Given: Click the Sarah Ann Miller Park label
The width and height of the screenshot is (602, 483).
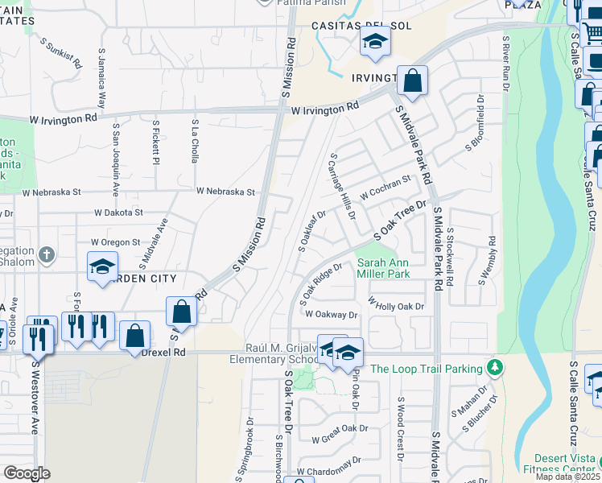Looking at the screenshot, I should pos(383,268).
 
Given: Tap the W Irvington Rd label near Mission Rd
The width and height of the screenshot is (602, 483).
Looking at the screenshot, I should pos(325,108).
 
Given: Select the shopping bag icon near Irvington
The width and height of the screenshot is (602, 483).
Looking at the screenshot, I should pos(412,80).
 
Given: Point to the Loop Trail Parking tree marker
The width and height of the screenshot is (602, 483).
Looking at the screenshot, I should pos(495,369).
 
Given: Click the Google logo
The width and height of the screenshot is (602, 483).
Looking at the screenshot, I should pos(27,473).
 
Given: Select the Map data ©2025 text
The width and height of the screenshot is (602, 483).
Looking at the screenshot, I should pos(567,477).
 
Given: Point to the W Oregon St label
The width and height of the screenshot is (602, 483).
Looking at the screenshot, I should pos(115,242).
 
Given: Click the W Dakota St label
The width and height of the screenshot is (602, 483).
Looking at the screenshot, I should pos(118,213).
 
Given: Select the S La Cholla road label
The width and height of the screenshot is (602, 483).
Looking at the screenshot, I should pos(195,140).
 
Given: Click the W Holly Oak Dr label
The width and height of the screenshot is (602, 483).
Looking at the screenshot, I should pos(396,306).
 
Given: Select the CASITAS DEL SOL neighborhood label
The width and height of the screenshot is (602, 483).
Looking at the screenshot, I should pos(362,26).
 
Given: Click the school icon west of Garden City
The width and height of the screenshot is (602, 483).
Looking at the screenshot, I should pos(102,268).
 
